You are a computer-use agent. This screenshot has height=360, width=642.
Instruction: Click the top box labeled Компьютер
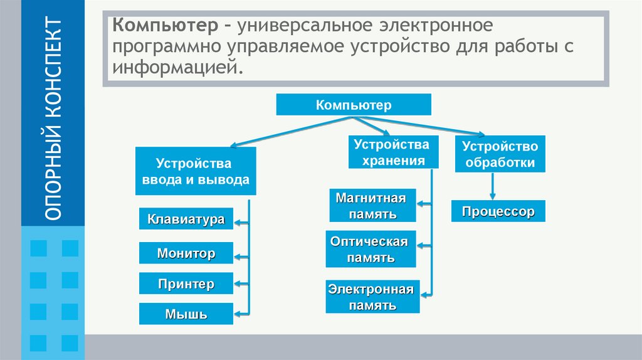click(354, 105)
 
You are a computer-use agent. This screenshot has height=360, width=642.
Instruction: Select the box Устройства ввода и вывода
click(195, 171)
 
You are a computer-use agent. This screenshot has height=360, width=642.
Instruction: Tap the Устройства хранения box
click(391, 152)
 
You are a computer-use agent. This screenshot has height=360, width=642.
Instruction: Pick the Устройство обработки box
click(500, 154)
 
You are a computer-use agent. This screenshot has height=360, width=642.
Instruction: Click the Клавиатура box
click(186, 220)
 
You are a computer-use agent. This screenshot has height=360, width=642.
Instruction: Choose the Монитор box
click(186, 253)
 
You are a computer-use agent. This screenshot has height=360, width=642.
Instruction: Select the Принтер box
click(186, 284)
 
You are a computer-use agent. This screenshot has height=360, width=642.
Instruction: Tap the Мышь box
click(186, 314)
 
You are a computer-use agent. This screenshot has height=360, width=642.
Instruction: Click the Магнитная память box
click(371, 206)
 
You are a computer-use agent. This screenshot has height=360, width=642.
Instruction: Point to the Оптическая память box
click(370, 249)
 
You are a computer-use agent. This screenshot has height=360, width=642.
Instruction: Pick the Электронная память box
click(372, 297)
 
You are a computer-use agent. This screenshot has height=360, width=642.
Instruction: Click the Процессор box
click(498, 211)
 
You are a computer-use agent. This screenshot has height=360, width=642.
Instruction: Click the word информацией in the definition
click(176, 67)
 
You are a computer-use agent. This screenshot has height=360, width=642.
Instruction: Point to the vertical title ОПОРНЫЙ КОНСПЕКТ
click(54, 119)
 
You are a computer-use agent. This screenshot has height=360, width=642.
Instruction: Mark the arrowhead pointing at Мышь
click(238, 313)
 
